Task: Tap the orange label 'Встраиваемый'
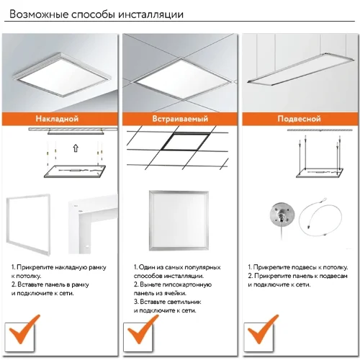point(179,118)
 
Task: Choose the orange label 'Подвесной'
point(300,118)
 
